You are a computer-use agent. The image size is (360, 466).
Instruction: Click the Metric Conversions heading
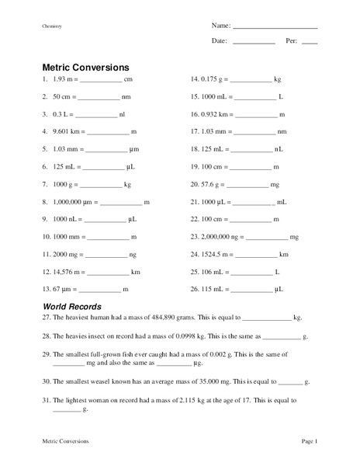tap(85, 67)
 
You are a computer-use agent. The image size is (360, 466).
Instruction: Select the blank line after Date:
tap(253, 40)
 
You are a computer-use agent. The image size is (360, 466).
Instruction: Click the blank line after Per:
tap(309, 40)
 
